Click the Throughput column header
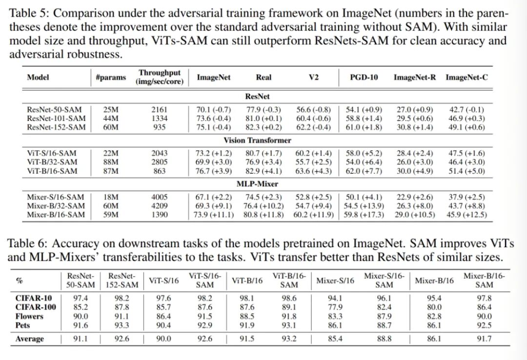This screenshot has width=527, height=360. point(160,77)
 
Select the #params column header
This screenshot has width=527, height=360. point(111,78)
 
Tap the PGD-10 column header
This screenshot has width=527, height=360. point(364,78)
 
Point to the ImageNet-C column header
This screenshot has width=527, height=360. point(466,78)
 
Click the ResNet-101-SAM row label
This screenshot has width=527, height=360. point(56,118)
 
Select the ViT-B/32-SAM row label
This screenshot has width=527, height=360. point(52,162)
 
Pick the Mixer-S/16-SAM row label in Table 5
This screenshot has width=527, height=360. point(55,197)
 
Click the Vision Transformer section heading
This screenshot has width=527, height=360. point(257,140)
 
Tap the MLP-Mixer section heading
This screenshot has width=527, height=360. point(257,184)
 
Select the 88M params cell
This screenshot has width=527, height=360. point(111,162)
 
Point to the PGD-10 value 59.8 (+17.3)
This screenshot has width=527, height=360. point(363,215)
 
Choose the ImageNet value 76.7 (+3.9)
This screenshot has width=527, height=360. point(213,171)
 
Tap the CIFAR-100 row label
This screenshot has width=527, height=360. point(36,307)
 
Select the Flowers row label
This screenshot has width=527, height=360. point(29,316)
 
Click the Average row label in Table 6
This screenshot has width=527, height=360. point(29,339)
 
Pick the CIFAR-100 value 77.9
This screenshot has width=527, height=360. point(335,307)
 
